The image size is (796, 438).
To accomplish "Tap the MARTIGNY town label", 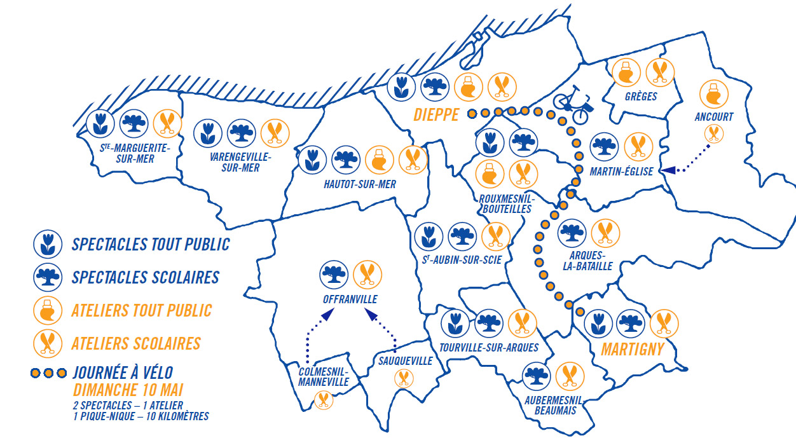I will coord(633,349).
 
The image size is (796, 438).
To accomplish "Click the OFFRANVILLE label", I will coord(350,299).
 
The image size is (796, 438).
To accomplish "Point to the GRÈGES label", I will coord(640,97).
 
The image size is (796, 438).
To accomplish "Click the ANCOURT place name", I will coord(713,117).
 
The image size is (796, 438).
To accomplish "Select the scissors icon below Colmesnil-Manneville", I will coord(324,400).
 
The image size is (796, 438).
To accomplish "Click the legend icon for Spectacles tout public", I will coord(48,244).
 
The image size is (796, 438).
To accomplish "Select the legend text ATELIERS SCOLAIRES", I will coord(136,343).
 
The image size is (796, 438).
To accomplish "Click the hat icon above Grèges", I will coord(626,72).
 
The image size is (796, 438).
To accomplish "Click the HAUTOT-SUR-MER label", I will coord(359,184).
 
